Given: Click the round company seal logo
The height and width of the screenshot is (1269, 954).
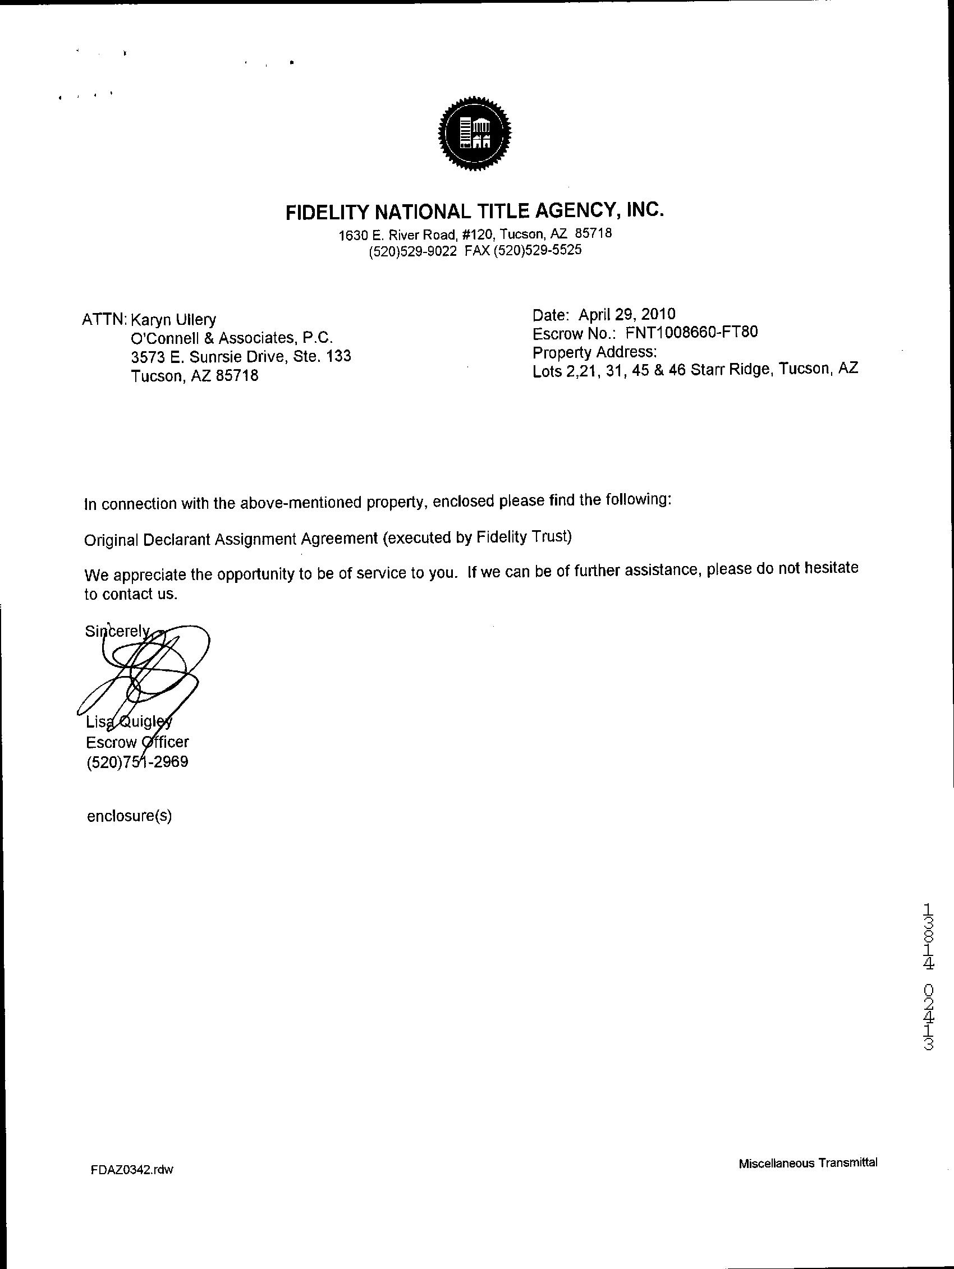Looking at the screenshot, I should (x=475, y=134).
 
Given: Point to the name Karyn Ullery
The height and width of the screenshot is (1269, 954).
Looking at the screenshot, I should (x=173, y=320).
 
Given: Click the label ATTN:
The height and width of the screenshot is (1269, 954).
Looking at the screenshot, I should (x=105, y=320).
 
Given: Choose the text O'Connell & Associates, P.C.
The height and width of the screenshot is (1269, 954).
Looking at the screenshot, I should (x=232, y=338).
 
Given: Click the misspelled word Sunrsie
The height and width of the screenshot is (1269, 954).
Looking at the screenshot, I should (x=218, y=356).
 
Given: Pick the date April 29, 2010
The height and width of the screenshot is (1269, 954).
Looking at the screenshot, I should (x=626, y=314).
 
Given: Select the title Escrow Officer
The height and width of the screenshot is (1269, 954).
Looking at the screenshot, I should (x=137, y=742).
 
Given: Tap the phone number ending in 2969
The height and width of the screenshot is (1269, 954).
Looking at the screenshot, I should (x=137, y=762).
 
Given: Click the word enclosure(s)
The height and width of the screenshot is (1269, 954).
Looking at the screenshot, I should (x=129, y=816).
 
